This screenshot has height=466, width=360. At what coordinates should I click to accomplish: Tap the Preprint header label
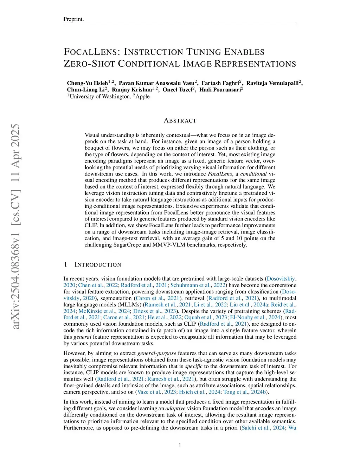pyautogui.click(x=73, y=19)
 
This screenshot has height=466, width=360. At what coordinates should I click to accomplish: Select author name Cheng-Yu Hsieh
pyautogui.click(x=87, y=83)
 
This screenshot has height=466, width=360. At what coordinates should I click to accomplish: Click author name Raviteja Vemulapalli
pyautogui.click(x=272, y=83)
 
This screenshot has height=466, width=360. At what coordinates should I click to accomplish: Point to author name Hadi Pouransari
pyautogui.click(x=220, y=89)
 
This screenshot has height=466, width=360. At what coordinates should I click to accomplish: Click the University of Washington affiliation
pyautogui.click(x=99, y=96)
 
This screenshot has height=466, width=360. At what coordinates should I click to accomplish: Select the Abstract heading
pyautogui.click(x=180, y=121)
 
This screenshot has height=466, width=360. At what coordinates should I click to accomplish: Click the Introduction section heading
pyautogui.click(x=98, y=264)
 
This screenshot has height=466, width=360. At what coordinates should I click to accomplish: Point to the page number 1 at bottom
pyautogui.click(x=180, y=445)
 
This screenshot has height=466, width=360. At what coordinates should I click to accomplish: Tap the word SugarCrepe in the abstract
pyautogui.click(x=127, y=245)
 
